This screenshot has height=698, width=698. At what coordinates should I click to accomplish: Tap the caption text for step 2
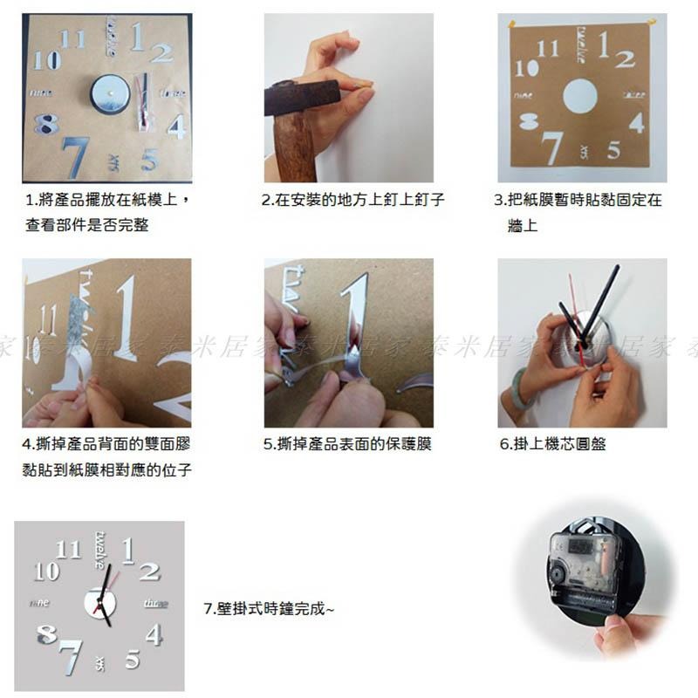point(353,200)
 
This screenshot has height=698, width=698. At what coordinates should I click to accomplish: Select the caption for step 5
point(347,444)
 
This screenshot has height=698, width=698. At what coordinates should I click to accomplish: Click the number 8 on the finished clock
point(47,634)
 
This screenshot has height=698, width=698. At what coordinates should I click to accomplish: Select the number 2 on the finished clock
point(149,572)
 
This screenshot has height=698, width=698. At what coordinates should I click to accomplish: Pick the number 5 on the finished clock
point(132,659)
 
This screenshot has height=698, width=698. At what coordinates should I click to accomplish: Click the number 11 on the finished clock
point(67,550)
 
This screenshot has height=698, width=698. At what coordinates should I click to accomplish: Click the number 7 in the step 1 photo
point(76,157)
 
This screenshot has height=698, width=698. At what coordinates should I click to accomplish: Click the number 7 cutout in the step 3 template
point(552,147)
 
